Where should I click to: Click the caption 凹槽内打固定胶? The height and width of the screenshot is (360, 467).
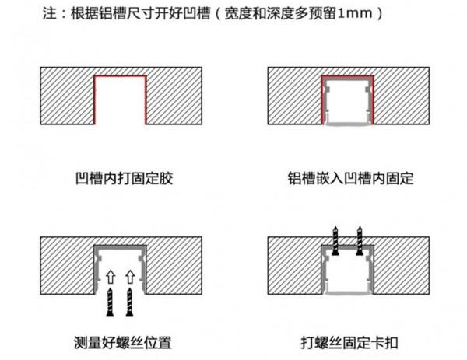coord(120,178)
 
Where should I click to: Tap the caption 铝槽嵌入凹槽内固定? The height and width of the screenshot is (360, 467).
coord(349,178)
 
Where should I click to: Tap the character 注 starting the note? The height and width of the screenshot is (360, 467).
coord(46,14)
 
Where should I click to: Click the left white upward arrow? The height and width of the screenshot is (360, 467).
coord(111,276)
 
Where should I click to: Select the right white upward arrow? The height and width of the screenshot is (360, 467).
coord(130,276)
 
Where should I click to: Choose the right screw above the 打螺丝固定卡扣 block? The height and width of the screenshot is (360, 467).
coord(359,237)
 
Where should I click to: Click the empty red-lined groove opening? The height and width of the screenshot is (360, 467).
coord(120,101)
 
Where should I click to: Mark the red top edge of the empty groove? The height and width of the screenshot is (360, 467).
coord(120,76)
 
